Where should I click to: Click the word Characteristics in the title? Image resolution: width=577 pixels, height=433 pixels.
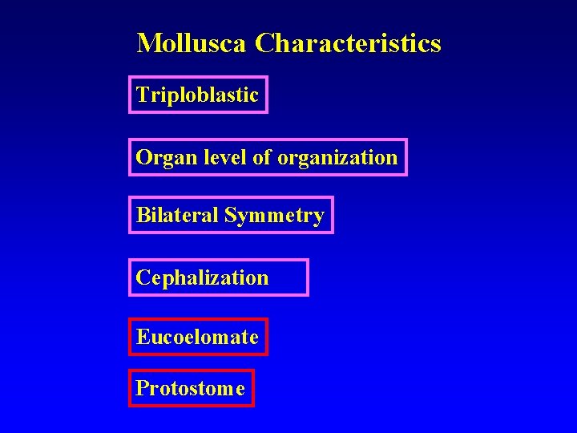point(348,42)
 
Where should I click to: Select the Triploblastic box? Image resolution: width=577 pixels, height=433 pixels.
point(198,95)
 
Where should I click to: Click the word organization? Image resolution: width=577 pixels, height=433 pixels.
point(337,158)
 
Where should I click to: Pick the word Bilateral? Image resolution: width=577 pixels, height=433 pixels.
point(177,215)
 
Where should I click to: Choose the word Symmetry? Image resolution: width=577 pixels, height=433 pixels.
point(274,216)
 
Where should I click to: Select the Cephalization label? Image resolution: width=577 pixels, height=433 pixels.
point(203,278)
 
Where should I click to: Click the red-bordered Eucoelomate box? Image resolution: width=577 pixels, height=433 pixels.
point(198,337)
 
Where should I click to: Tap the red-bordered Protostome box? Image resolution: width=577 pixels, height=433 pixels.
point(191,388)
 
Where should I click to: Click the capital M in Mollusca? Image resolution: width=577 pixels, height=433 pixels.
point(147,42)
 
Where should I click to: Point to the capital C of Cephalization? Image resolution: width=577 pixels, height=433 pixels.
point(143,277)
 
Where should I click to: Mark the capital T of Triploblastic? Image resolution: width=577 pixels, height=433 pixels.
point(142,95)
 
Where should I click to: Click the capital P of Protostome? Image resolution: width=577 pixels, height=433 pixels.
point(142,388)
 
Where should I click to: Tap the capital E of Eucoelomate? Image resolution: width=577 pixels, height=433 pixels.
point(142,337)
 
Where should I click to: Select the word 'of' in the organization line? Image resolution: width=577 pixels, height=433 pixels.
point(261,157)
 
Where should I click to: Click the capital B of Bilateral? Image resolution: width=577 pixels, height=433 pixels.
point(142,215)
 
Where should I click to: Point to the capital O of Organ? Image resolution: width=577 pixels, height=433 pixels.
point(143,157)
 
